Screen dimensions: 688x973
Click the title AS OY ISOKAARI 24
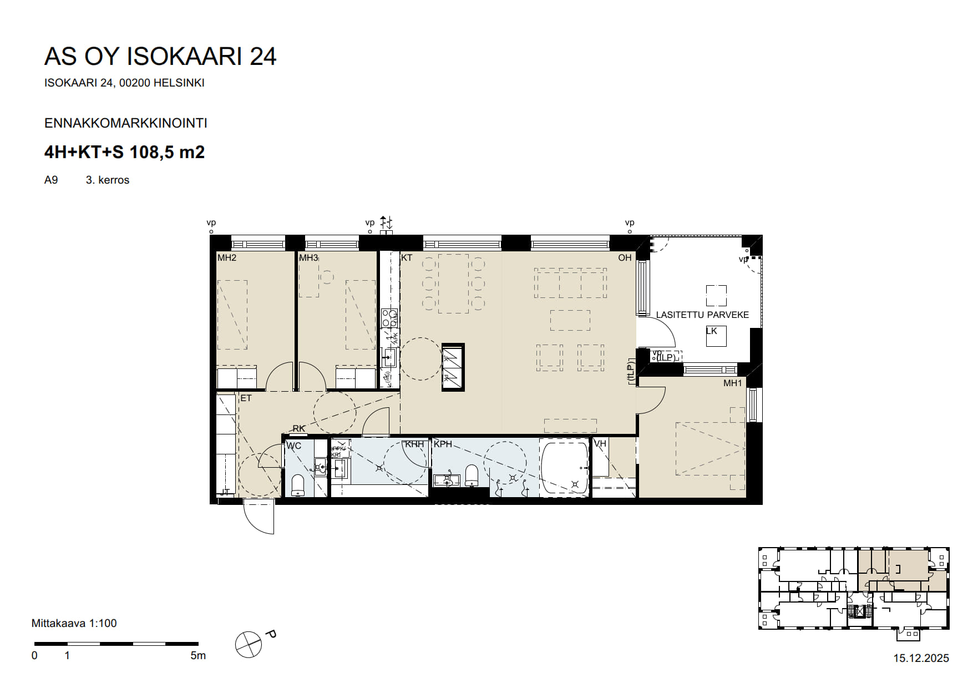coord(160,57)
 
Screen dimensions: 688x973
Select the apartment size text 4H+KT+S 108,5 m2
coord(124,152)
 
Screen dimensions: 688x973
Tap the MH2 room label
coord(226,258)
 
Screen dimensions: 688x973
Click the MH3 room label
coord(308,258)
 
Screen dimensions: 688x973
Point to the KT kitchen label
coord(407,258)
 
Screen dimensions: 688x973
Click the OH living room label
coord(625,258)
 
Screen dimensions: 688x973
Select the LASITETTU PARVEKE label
coord(702,315)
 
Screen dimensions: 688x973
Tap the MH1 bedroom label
coord(732,383)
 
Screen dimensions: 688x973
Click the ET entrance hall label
coord(246,398)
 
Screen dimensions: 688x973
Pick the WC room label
coord(293,446)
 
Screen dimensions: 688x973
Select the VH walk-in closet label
coord(600,444)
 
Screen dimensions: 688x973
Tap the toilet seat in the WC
coord(298,485)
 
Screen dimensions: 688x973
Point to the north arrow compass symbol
coord(249,645)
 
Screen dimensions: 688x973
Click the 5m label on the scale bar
coord(198,656)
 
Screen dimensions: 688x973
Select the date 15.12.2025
coord(921,659)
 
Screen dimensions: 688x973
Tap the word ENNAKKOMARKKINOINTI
coord(126,123)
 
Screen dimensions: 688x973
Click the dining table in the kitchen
coord(453,284)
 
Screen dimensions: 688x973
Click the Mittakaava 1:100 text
coord(74,624)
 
